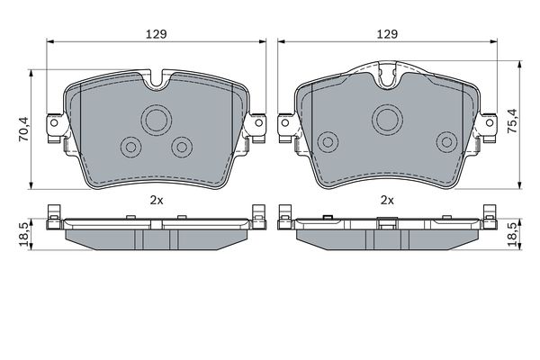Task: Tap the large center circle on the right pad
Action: pyautogui.click(x=388, y=117)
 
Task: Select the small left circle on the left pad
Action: pyautogui.click(x=130, y=146)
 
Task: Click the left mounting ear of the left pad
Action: pyautogui.click(x=56, y=122)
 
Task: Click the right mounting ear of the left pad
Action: pyautogui.click(x=257, y=122)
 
